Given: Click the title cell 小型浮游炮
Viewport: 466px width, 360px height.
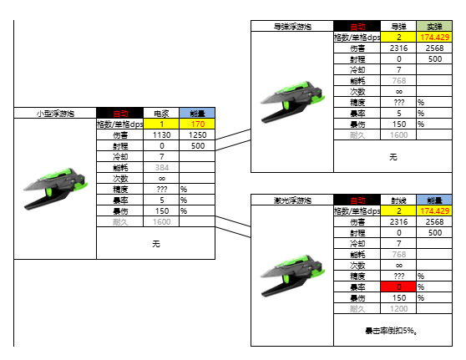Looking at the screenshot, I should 55,113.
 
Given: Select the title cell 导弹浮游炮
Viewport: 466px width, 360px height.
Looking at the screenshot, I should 292,27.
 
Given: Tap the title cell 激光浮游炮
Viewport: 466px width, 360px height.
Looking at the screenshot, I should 292,200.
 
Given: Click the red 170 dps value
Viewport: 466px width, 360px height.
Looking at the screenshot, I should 197,124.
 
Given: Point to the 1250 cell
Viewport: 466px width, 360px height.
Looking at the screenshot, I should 197,134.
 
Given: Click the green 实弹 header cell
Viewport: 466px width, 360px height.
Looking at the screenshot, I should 434,27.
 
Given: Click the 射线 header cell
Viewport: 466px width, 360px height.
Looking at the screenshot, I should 398,200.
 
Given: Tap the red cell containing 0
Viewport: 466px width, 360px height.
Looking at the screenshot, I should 398,287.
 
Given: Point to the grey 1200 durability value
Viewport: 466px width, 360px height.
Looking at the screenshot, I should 398,309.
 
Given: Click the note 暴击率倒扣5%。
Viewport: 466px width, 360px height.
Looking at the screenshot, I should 393,331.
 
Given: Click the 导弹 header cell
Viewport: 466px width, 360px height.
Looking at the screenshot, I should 398,27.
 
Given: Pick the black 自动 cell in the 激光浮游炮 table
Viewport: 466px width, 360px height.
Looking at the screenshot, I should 357,200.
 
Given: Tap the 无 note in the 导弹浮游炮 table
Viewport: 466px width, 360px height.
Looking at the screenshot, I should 393,155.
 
